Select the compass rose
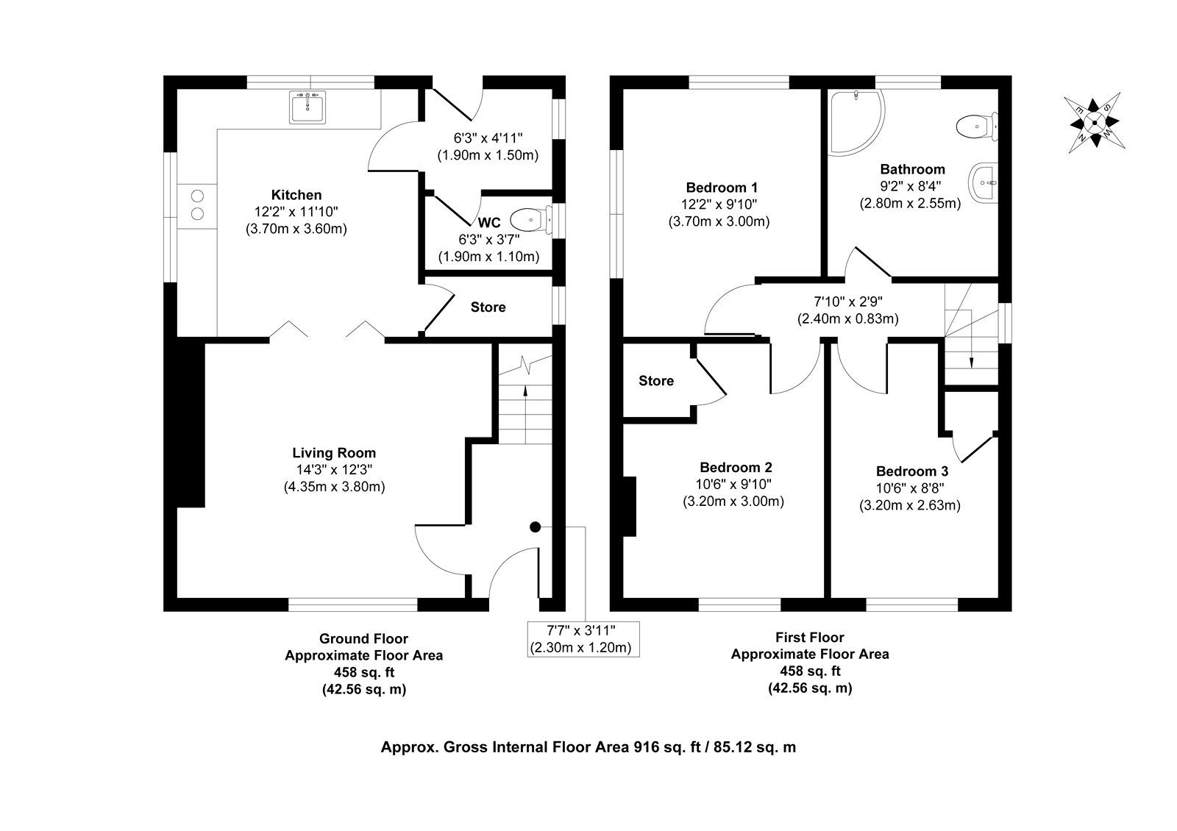click(x=1095, y=122)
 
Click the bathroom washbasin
click(x=983, y=180)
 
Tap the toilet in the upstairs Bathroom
click(x=978, y=126)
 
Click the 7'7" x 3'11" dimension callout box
click(x=581, y=638)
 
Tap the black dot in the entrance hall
click(x=535, y=527)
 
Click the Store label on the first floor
click(x=655, y=381)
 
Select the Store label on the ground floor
click(x=488, y=307)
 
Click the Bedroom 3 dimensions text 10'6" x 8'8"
click(x=911, y=488)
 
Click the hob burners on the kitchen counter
click(x=197, y=204)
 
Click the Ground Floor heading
click(x=363, y=638)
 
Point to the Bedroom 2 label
click(x=736, y=468)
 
